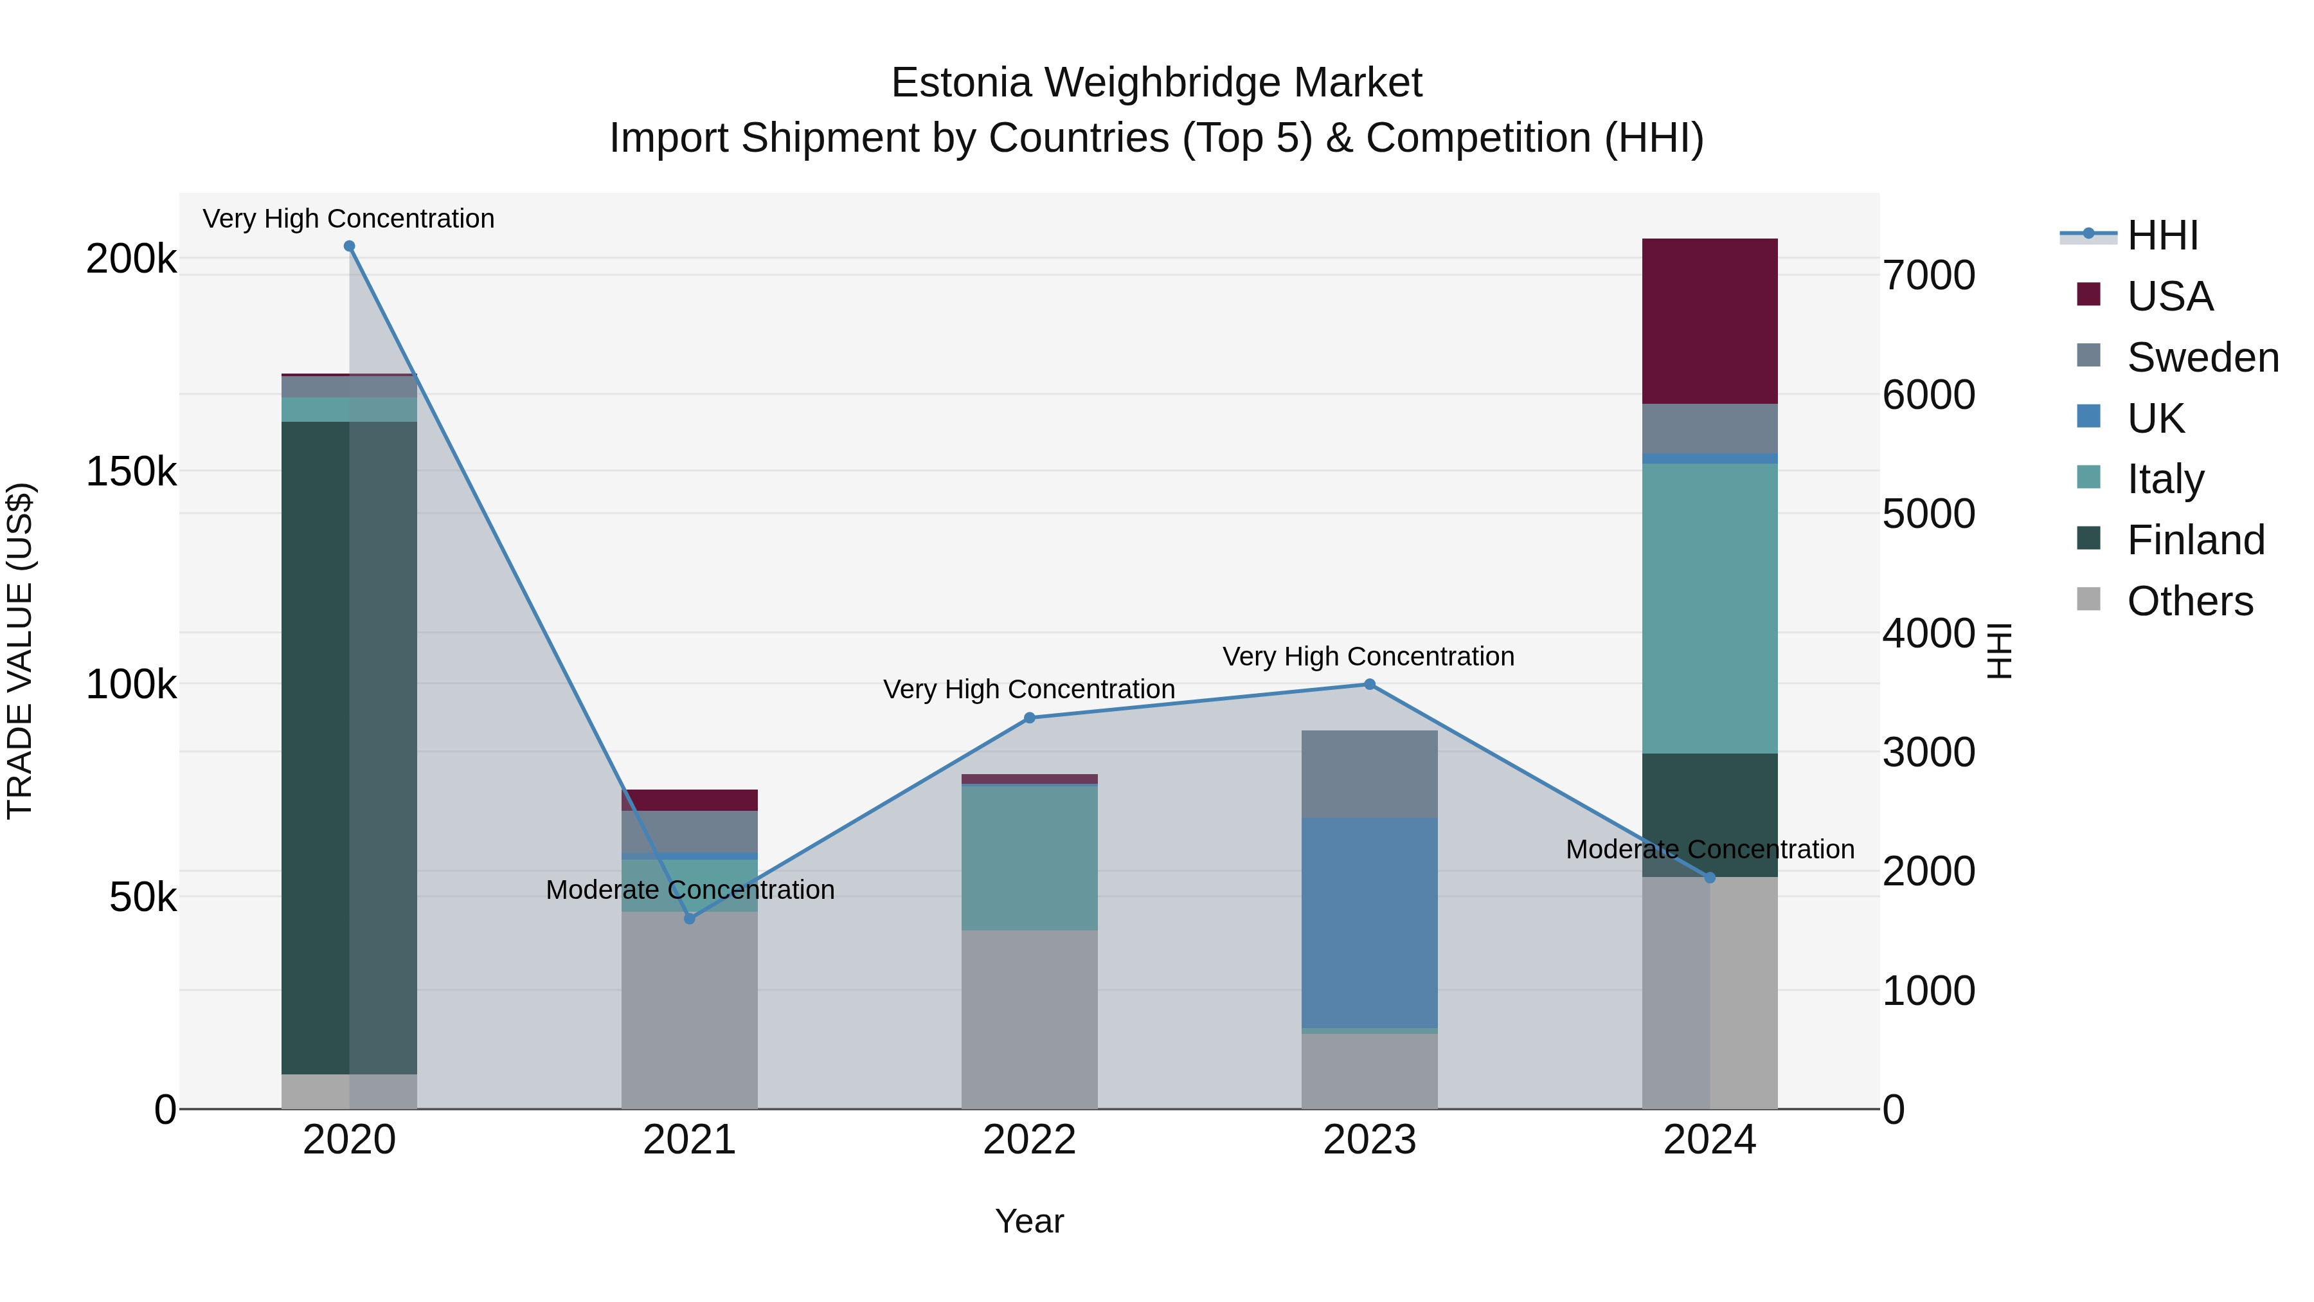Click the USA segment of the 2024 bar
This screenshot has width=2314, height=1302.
1709,321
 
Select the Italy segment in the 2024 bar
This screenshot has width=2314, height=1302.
1709,608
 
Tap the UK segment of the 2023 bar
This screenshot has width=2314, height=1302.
1369,922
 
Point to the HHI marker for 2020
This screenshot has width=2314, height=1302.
350,246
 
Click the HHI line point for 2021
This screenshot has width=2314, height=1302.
690,918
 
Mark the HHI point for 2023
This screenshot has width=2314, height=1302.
1369,685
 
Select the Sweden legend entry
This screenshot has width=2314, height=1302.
2201,357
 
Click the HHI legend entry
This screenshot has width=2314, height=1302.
2161,235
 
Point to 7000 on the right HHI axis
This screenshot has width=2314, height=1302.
1928,276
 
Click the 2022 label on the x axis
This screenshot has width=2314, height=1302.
1030,1140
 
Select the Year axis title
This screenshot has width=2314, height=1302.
1030,1221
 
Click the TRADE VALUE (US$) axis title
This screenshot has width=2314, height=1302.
21,651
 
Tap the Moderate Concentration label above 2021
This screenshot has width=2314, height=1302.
690,890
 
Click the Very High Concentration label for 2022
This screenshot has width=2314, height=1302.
1030,689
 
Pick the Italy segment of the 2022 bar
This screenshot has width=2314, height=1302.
1030,857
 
